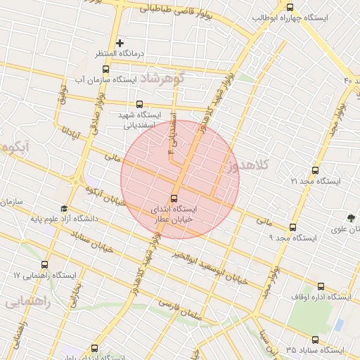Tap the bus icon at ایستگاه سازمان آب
(x=105, y=69)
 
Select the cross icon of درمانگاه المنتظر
(x=120, y=44)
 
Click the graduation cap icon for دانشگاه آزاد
(x=64, y=209)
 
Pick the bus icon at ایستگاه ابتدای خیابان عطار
(x=175, y=198)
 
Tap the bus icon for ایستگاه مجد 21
(x=314, y=170)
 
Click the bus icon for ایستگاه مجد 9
(x=293, y=227)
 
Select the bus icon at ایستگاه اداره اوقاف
(x=321, y=286)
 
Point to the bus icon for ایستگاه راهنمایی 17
(x=45, y=265)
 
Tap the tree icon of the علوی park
(x=351, y=217)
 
